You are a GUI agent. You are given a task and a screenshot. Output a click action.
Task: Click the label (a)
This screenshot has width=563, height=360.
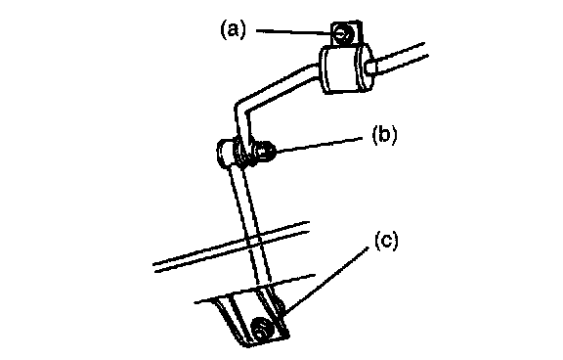pyautogui.click(x=234, y=29)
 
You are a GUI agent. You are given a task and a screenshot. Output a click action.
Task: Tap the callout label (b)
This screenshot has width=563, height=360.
pyautogui.click(x=384, y=135)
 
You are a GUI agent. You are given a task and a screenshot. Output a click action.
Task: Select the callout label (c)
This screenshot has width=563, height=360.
pyautogui.click(x=386, y=241)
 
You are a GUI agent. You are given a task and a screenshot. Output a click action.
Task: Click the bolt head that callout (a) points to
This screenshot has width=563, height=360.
pyautogui.click(x=343, y=34)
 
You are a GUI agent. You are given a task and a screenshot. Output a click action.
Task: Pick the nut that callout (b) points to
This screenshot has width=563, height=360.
pyautogui.click(x=263, y=153)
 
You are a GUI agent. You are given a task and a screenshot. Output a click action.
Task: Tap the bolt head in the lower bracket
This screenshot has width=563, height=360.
pyautogui.click(x=262, y=328)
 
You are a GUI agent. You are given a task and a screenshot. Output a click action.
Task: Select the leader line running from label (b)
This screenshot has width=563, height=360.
pyautogui.click(x=319, y=145)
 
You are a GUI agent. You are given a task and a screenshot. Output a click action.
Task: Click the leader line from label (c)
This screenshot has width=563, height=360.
pyautogui.click(x=325, y=279)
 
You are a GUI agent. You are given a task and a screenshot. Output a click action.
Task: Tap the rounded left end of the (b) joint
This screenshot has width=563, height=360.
pyautogui.click(x=224, y=154)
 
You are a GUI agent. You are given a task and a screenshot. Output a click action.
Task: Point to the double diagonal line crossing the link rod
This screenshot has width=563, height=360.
pyautogui.click(x=232, y=247)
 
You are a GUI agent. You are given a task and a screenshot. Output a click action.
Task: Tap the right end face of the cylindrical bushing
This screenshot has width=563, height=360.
pyautogui.click(x=365, y=67)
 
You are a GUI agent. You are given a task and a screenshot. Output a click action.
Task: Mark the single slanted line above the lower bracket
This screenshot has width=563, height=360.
pyautogui.click(x=255, y=289)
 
